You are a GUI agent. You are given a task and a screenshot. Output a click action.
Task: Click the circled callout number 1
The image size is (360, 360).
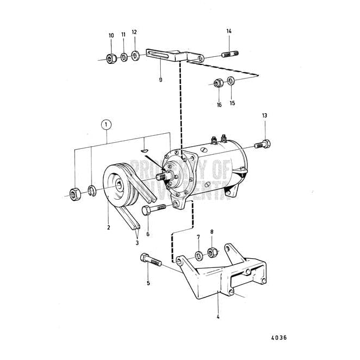point(107,124)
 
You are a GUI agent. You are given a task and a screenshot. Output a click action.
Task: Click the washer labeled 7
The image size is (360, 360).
point(199,254)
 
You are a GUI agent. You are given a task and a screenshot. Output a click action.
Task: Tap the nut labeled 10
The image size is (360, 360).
point(111,58)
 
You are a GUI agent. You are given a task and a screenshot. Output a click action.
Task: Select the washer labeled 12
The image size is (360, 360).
point(135,55)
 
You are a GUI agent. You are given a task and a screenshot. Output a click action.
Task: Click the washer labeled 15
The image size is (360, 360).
point(231,82)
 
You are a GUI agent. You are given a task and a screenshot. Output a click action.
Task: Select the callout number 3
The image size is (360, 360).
point(138,243)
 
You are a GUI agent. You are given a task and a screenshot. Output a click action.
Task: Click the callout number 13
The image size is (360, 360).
point(264,115)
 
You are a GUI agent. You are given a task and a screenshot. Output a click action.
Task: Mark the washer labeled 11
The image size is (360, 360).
point(124,56)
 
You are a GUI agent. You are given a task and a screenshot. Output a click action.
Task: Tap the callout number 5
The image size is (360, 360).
point(148,283)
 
